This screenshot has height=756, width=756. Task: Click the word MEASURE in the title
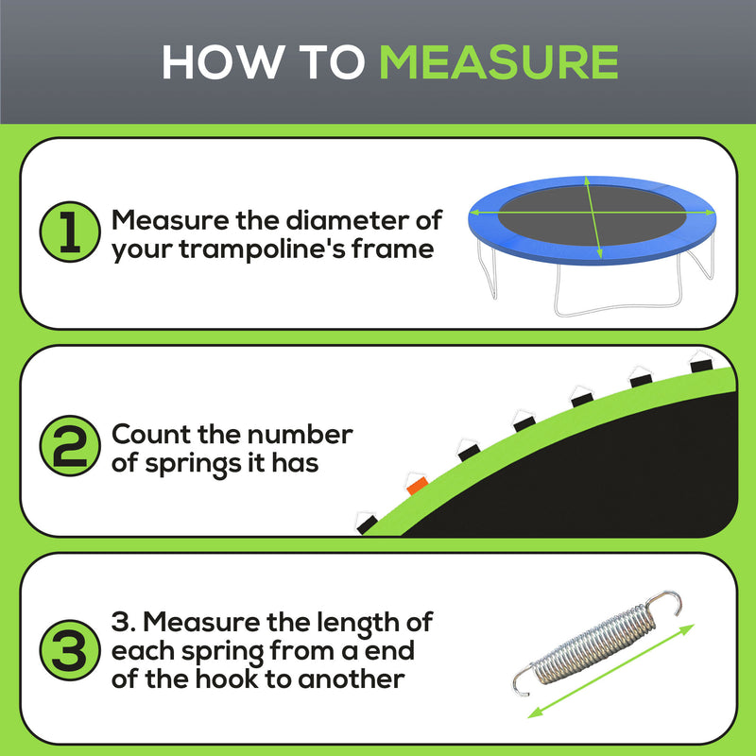pyautogui.click(x=498, y=61)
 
